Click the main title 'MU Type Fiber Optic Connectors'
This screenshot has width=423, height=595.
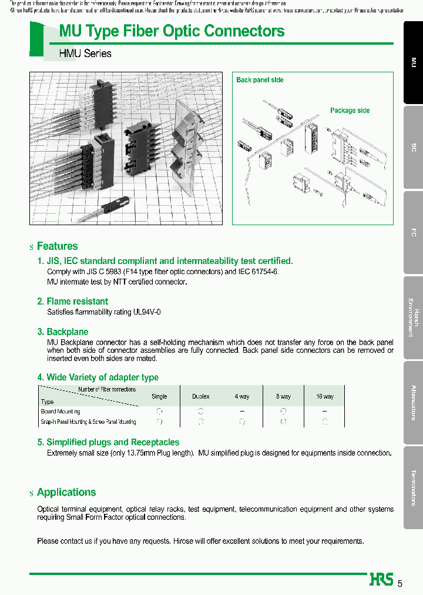(172, 31)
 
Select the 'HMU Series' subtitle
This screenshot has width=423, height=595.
(85, 54)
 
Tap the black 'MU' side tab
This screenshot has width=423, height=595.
(413, 62)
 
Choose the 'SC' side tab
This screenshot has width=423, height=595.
(413, 148)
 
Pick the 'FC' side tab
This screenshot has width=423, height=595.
(413, 233)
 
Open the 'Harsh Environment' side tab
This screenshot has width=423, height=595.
(413, 318)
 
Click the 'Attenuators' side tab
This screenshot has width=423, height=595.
(413, 403)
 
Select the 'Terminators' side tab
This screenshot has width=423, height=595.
(413, 487)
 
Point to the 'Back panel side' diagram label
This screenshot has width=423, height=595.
(260, 80)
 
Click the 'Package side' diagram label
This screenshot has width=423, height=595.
(350, 111)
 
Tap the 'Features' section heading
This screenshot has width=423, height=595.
(57, 246)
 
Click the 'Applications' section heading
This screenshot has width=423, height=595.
(66, 493)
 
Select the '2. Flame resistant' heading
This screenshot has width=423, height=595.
(73, 302)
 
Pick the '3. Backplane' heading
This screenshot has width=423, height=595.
(63, 332)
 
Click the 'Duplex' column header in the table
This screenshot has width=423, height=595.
(201, 397)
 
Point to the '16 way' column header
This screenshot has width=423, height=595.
(324, 397)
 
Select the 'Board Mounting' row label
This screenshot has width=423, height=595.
(61, 412)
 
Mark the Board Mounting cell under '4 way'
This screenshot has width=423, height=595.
(241, 412)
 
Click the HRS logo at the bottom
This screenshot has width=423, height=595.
(381, 580)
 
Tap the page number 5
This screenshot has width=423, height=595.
(400, 583)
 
